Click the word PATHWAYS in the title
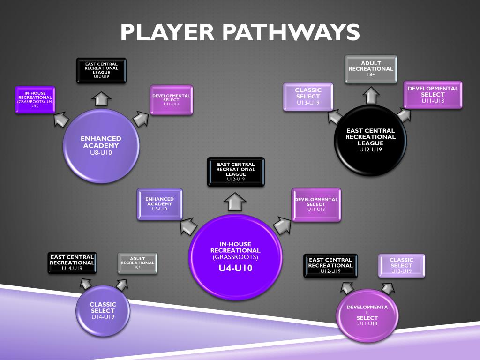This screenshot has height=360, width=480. [x=290, y=32]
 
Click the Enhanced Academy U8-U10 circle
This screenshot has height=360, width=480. [x=101, y=145]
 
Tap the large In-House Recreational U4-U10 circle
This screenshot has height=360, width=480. [x=235, y=256]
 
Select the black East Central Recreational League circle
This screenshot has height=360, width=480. [x=370, y=140]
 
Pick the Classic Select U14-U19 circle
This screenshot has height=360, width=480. [x=103, y=310]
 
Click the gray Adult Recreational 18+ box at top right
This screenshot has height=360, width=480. [x=371, y=69]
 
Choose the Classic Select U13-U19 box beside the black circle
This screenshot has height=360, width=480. [x=308, y=97]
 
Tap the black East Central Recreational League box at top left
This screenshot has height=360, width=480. [x=101, y=70]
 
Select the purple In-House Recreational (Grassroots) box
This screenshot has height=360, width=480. [x=35, y=99]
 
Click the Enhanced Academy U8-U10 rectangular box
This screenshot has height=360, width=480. [x=159, y=203]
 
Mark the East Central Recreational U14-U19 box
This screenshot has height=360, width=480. [x=72, y=263]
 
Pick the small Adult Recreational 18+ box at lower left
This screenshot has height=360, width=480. [x=137, y=263]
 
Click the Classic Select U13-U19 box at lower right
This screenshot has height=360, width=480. [x=401, y=265]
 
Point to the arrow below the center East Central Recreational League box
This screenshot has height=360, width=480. [x=235, y=202]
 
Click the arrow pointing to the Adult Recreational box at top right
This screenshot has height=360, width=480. [x=371, y=96]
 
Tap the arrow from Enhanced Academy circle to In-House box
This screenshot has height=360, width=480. [x=61, y=120]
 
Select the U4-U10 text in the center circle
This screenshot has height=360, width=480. [x=235, y=269]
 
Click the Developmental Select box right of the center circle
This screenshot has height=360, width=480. [x=316, y=204]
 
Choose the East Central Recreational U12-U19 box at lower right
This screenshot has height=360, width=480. [x=330, y=265]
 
